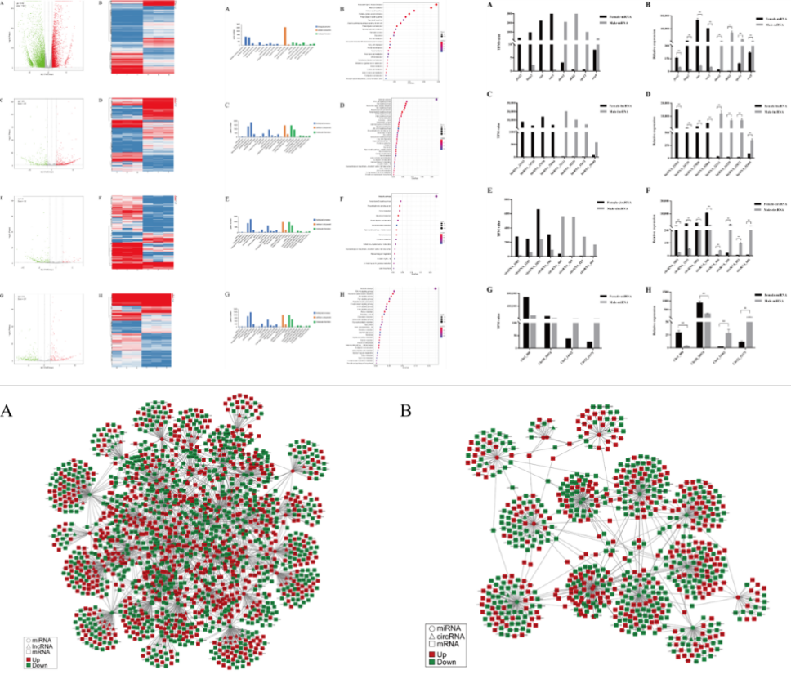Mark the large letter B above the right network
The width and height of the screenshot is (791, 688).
pos(407,409)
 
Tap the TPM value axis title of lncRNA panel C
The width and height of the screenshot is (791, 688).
pos(498,131)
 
